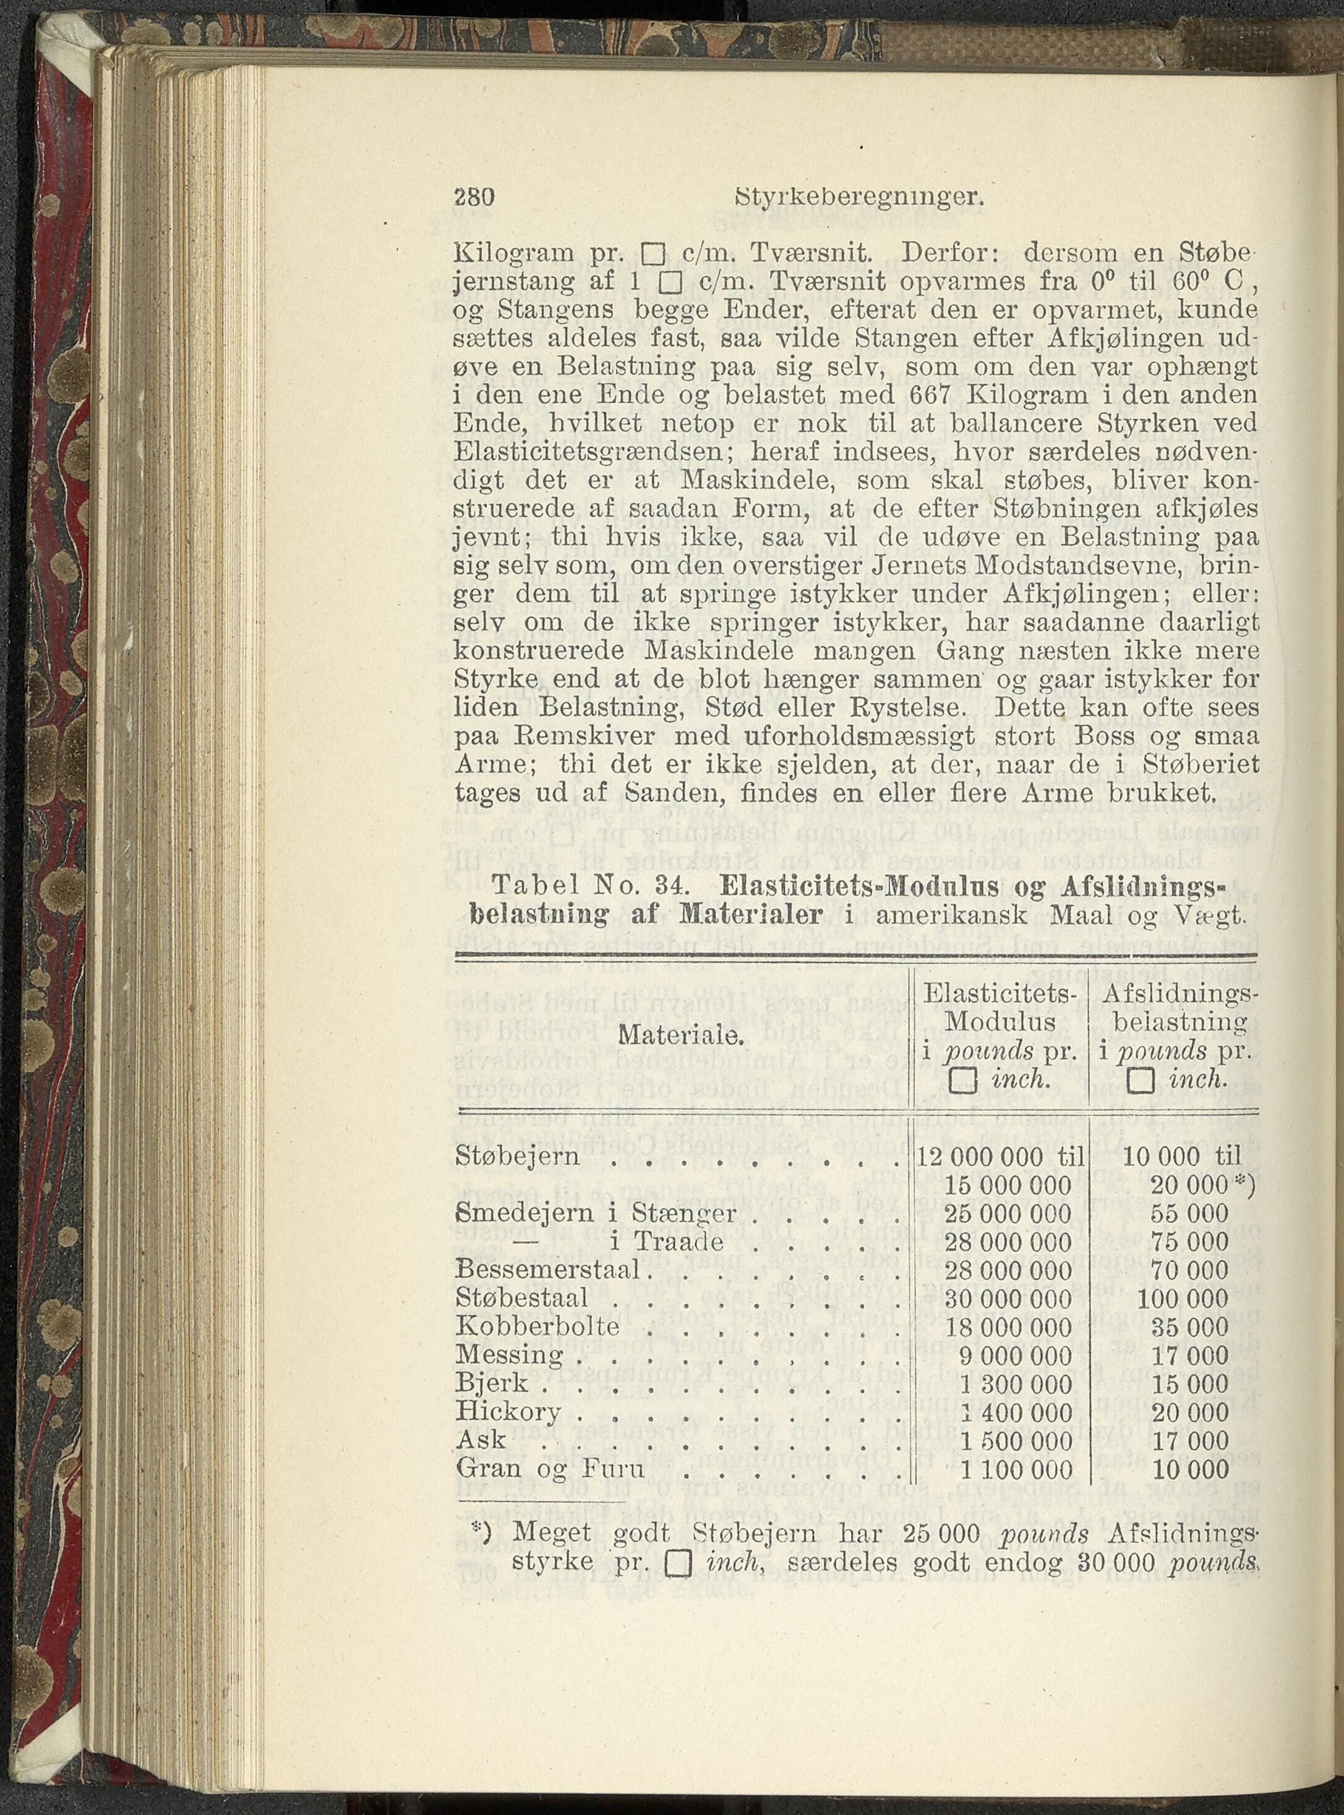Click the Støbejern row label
point(518,1157)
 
